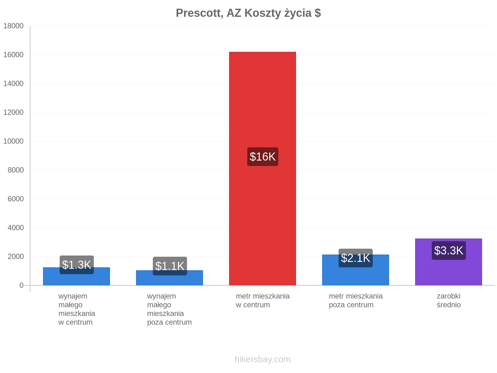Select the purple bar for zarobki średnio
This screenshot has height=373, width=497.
(448, 262)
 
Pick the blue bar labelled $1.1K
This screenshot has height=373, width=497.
(169, 278)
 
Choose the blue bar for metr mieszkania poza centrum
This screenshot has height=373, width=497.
(355, 270)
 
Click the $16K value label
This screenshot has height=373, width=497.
(262, 156)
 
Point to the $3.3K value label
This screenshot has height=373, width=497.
(448, 250)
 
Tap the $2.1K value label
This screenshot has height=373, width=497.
(355, 258)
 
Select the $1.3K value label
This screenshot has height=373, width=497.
(76, 265)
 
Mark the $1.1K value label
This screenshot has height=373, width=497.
(170, 266)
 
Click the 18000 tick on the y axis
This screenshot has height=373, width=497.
(13, 26)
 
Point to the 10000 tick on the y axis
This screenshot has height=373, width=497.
(13, 141)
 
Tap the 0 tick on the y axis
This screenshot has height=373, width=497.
(21, 285)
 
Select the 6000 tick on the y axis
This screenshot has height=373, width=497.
(16, 199)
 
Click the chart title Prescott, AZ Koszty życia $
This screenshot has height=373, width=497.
(248, 13)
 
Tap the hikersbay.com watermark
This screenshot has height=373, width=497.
(262, 359)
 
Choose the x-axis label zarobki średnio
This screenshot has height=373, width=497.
(448, 300)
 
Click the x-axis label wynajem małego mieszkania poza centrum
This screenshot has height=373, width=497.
(169, 309)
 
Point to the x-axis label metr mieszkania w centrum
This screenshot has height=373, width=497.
(262, 300)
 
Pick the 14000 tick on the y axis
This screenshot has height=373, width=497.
(13, 83)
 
